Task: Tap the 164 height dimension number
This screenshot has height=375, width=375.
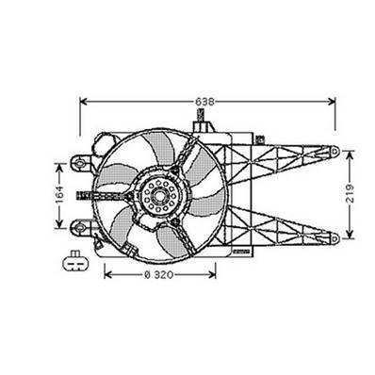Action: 58,195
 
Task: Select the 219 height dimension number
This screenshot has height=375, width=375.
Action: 351,196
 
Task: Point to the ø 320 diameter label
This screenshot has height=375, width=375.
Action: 159,275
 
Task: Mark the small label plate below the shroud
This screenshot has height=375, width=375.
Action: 239,253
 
